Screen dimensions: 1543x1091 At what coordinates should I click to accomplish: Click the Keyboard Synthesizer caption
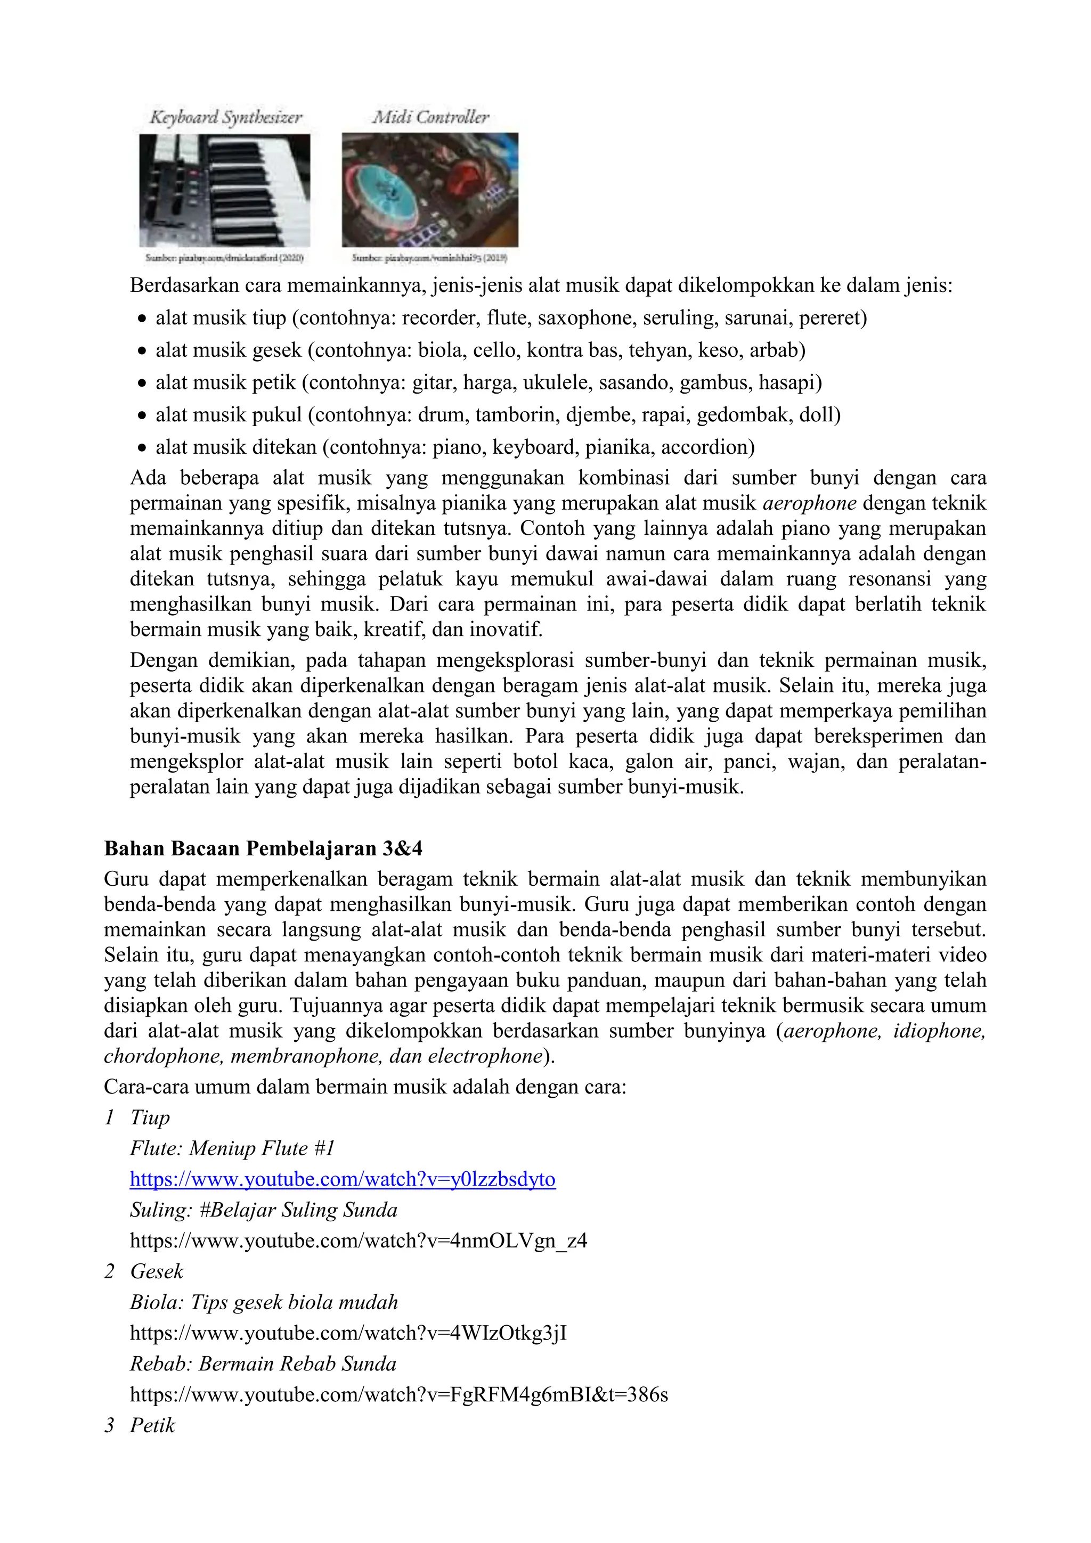click(x=226, y=118)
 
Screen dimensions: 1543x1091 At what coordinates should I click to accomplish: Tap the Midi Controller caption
click(x=431, y=117)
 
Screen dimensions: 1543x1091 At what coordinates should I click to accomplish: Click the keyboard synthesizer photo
click(x=224, y=190)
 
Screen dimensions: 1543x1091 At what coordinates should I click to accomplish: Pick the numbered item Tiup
click(x=150, y=1117)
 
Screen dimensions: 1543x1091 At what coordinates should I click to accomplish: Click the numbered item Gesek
click(x=157, y=1271)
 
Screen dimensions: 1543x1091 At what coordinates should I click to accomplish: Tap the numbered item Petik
click(x=152, y=1425)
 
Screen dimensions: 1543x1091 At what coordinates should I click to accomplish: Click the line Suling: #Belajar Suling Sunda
click(x=264, y=1210)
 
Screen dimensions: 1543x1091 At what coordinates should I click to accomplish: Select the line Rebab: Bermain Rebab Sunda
click(x=263, y=1364)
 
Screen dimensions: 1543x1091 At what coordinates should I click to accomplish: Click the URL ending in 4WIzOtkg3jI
click(x=348, y=1333)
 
